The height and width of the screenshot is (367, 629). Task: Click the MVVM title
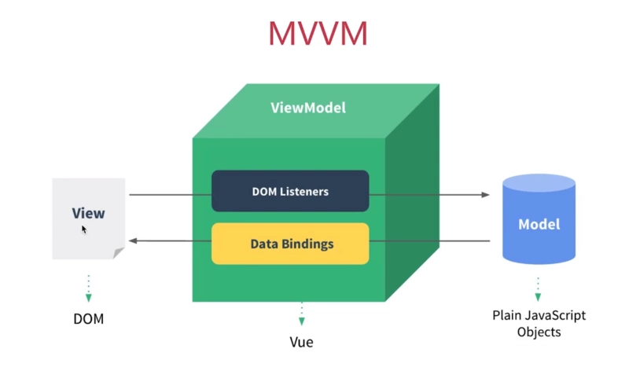coord(318,32)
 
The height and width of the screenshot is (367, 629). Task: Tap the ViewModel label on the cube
coord(307,108)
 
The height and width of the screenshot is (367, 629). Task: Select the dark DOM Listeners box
coord(290,191)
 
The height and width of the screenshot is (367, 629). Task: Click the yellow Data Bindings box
coord(290,244)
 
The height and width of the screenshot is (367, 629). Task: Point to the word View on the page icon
coord(88,213)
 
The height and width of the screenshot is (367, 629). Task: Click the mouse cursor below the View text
coord(84,229)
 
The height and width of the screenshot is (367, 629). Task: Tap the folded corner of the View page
coord(119,252)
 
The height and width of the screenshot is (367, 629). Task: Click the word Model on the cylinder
coord(539,224)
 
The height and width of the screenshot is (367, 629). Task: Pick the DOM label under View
coord(88,319)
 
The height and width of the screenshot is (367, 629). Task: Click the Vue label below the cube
coord(301,342)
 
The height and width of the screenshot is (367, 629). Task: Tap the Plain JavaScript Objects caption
coord(539,323)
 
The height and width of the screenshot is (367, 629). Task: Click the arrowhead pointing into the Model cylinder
coord(485,194)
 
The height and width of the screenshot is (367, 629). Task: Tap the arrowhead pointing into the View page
coord(134,240)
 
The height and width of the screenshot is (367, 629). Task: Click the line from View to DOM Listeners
coord(169,194)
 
